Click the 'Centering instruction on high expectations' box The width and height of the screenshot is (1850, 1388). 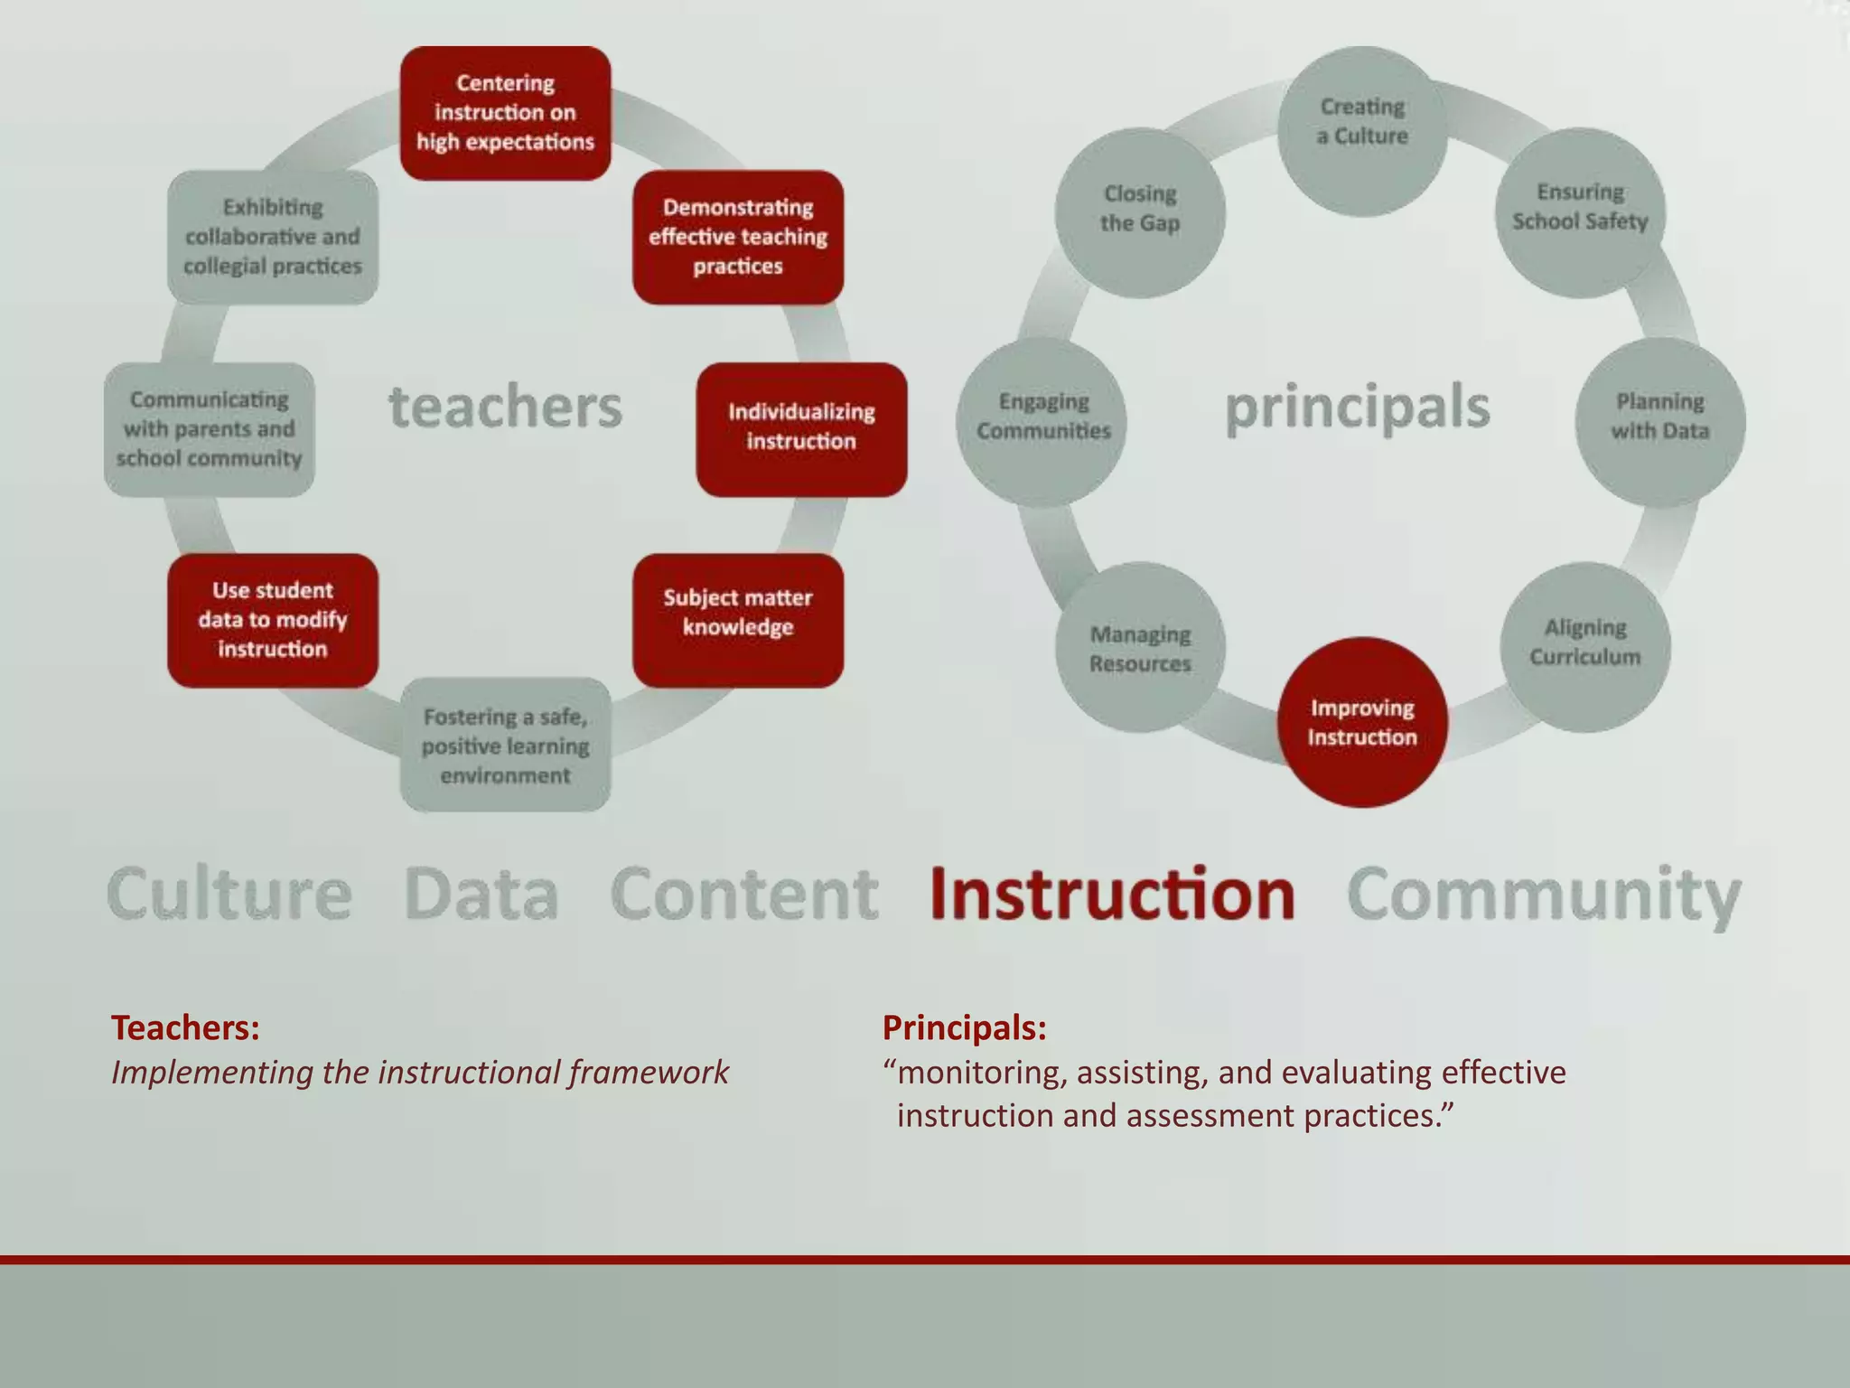[x=505, y=113]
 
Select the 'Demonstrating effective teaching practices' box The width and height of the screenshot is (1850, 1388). [x=738, y=237]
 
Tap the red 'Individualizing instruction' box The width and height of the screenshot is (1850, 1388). [x=801, y=429]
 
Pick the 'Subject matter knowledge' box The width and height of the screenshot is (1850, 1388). [x=738, y=620]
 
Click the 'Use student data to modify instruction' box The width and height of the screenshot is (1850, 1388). [x=273, y=620]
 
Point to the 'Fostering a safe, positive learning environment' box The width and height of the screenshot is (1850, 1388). [x=505, y=745]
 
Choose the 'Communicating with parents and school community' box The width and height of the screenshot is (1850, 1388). [x=210, y=429]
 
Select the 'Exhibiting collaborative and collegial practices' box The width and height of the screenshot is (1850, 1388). [x=273, y=237]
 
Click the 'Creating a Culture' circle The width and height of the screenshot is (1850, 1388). [x=1362, y=131]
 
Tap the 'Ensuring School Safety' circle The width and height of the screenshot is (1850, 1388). [x=1581, y=212]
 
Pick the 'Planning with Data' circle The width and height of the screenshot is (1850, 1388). [x=1660, y=422]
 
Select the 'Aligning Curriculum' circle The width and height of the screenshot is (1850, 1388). [x=1585, y=646]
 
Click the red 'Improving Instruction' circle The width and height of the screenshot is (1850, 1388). [x=1362, y=722]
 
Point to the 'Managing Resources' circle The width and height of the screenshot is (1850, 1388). [x=1140, y=647]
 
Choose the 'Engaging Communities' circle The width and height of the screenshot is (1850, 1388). [x=1042, y=422]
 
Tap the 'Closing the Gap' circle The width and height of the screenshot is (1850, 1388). [x=1140, y=212]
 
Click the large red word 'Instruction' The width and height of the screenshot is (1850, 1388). [x=1112, y=894]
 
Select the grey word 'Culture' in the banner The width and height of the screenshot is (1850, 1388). [x=229, y=894]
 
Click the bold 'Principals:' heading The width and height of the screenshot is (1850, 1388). [x=964, y=1027]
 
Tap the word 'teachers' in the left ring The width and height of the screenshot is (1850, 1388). [x=505, y=407]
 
